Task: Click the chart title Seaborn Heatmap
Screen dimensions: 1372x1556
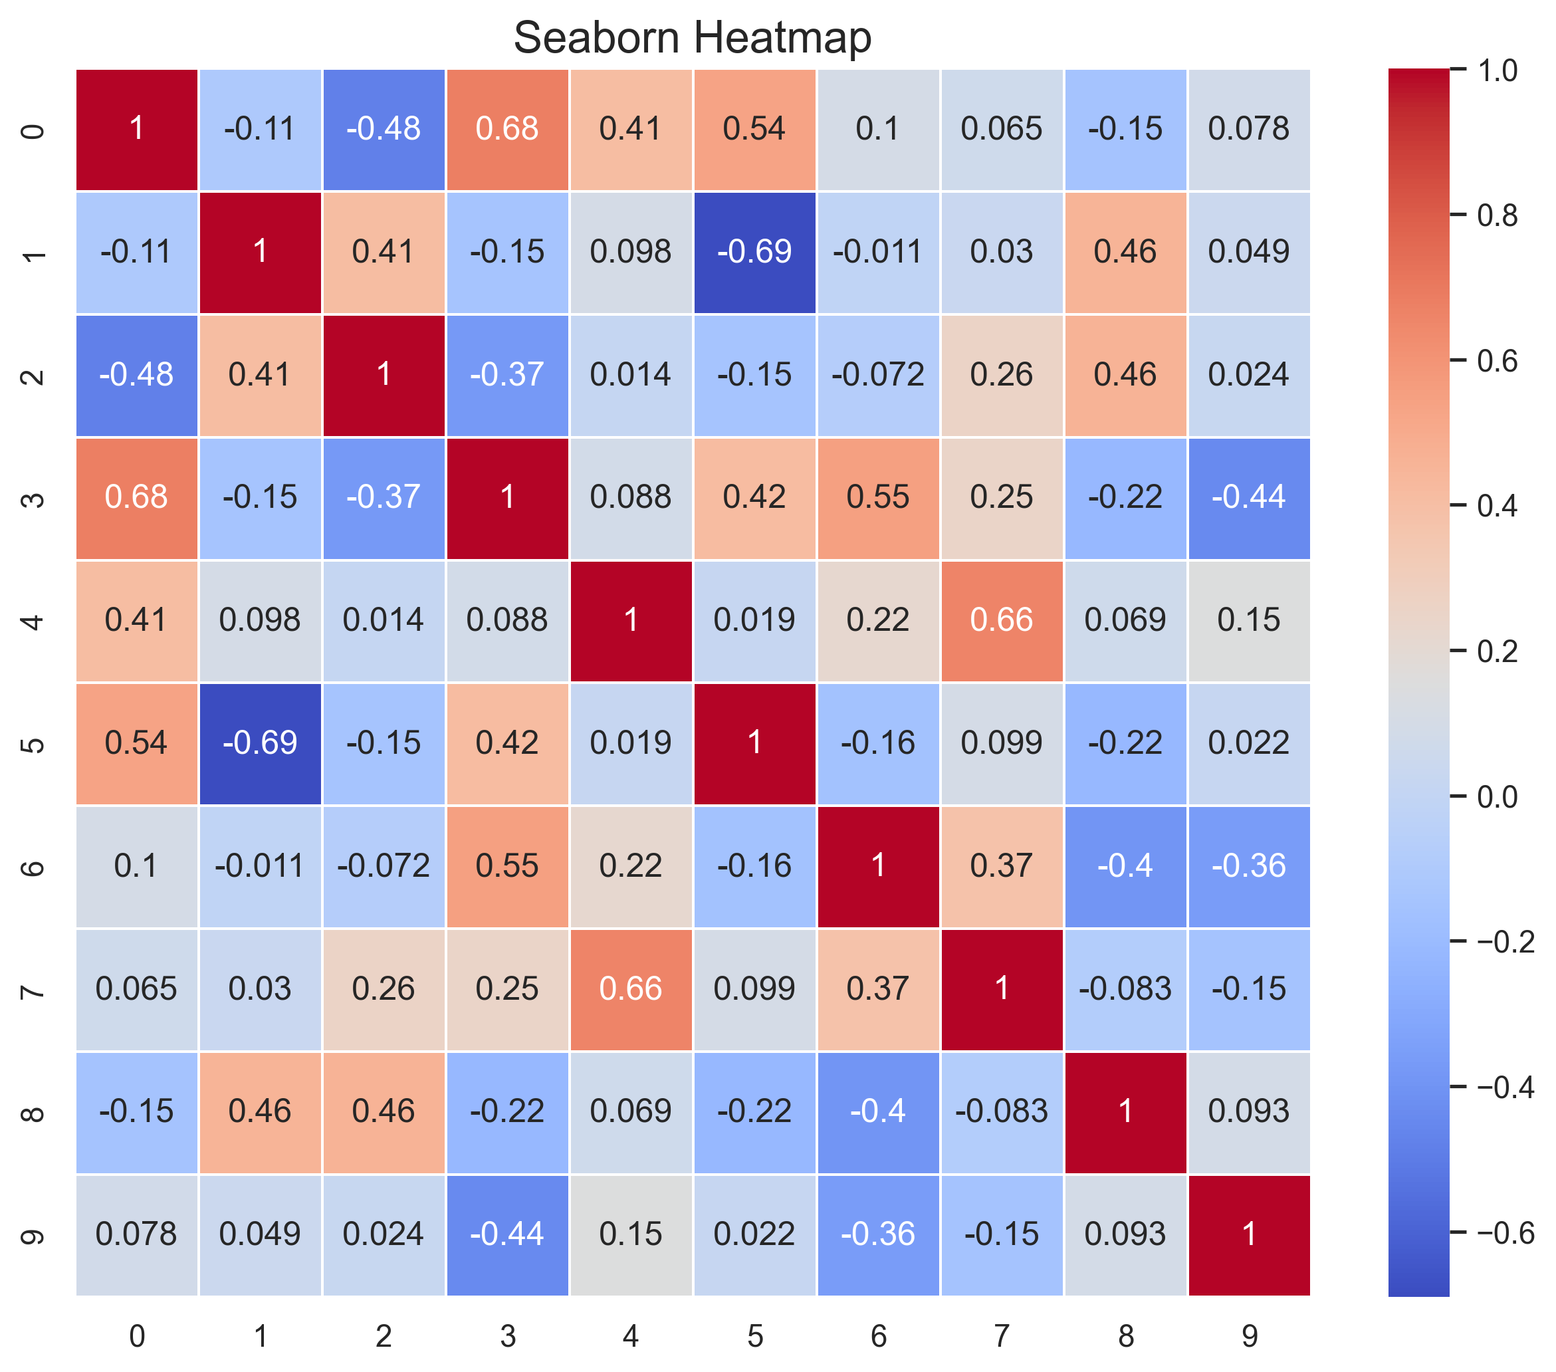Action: (x=692, y=38)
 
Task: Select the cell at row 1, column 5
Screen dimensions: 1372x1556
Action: (x=754, y=252)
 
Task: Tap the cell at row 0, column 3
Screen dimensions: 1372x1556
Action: (x=507, y=129)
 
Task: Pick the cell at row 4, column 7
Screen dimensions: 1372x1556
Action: (x=1002, y=620)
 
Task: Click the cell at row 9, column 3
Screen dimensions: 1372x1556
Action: (x=507, y=1234)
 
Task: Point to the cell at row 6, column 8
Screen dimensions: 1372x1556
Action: (x=1125, y=866)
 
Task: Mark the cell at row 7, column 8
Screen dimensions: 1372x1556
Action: (x=1125, y=989)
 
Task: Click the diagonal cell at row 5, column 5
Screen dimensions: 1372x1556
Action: (x=754, y=743)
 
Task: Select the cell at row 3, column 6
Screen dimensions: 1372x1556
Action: (x=878, y=497)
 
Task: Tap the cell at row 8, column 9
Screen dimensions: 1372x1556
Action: (x=1248, y=1111)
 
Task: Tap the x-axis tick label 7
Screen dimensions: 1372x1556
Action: (x=1002, y=1336)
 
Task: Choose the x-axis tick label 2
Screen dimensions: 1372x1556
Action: (x=384, y=1336)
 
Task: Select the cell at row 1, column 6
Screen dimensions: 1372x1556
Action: (x=878, y=252)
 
